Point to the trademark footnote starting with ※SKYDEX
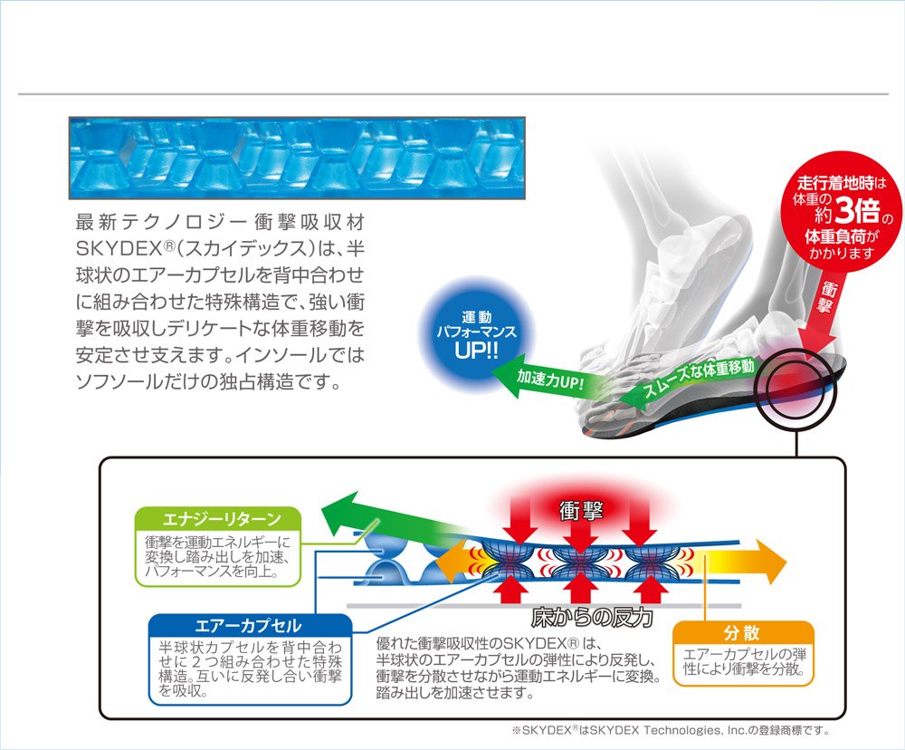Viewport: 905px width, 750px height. pyautogui.click(x=670, y=730)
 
